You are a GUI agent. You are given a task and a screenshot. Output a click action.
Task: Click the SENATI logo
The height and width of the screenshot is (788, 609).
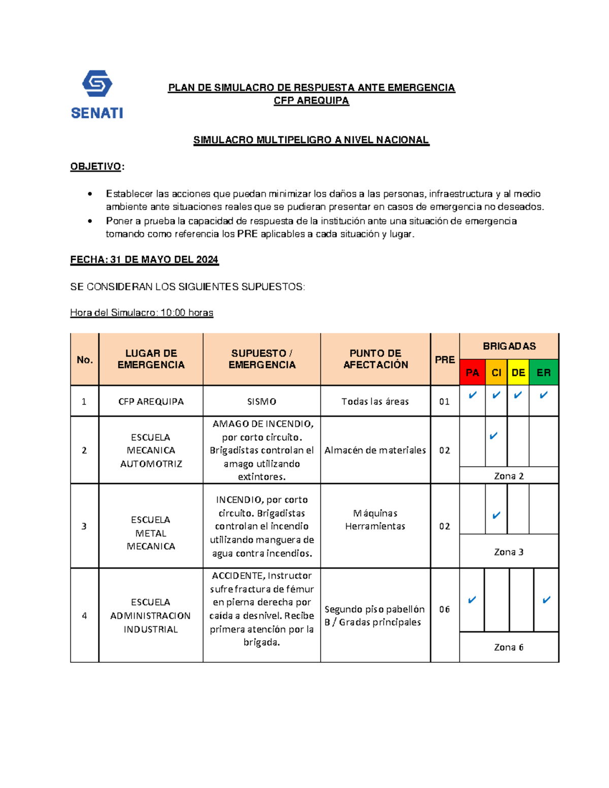tap(97, 94)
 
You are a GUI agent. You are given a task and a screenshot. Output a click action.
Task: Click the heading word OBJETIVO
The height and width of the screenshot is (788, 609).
tap(95, 166)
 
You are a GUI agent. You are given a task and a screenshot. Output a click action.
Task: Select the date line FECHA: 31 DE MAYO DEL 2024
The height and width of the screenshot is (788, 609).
tap(144, 259)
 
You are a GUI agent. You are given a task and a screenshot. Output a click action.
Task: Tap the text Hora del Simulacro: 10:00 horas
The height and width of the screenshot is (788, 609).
tap(142, 313)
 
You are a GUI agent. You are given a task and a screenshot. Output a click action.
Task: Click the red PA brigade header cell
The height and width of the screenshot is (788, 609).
tap(472, 372)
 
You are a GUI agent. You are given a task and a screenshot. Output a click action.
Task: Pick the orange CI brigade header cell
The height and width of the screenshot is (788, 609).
tap(496, 372)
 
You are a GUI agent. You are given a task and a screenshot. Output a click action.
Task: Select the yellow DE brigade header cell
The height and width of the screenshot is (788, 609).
tap(518, 372)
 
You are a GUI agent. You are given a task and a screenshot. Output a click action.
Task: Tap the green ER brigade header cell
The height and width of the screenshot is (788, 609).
tap(543, 372)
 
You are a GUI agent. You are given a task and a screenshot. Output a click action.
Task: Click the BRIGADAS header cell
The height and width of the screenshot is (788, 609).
tap(509, 346)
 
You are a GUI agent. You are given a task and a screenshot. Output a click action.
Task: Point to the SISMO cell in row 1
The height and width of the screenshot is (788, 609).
tap(261, 401)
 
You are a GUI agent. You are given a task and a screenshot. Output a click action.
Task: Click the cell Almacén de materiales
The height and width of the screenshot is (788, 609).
tap(375, 450)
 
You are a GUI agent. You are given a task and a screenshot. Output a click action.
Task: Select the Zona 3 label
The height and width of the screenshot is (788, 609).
tap(509, 552)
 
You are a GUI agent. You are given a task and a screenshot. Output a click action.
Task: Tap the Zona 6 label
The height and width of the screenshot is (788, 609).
tap(509, 647)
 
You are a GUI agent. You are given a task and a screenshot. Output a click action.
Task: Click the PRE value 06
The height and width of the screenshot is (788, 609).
tap(445, 609)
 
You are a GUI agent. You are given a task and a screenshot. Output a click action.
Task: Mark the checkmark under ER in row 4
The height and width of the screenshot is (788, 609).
tap(546, 600)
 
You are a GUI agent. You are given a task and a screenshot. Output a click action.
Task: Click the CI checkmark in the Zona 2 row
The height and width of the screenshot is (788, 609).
tap(493, 436)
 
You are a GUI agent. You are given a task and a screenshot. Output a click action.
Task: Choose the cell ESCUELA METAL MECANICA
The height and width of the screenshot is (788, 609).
tap(151, 533)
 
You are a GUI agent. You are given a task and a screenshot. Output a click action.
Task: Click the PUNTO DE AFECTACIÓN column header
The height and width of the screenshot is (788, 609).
tap(376, 359)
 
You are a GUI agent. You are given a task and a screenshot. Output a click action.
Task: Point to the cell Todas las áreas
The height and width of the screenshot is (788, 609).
tap(375, 401)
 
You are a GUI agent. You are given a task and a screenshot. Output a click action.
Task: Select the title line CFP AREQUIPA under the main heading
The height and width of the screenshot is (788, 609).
tap(311, 100)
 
